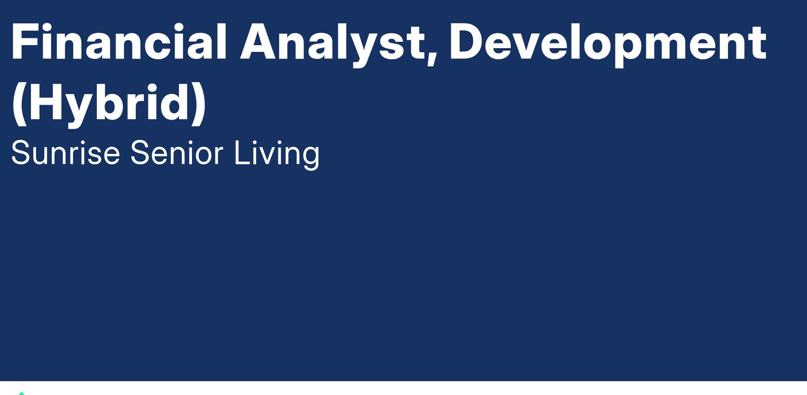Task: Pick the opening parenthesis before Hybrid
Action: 19,104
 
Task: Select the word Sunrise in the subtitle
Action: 66,153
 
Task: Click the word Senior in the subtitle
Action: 177,153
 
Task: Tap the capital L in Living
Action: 242,153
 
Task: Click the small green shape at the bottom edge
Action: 22,393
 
